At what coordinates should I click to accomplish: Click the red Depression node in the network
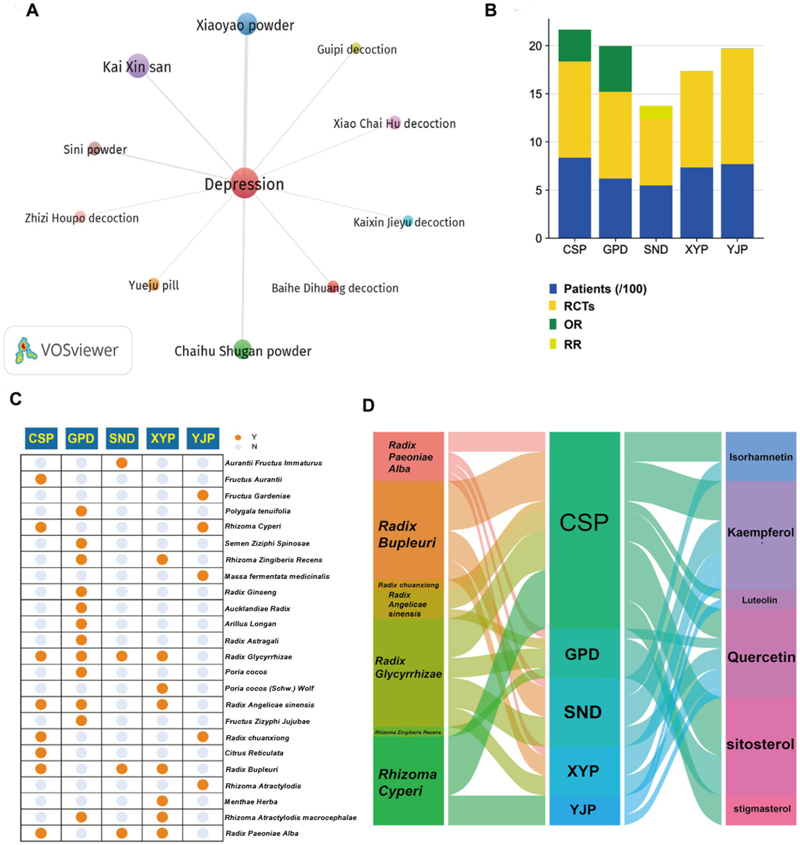click(244, 183)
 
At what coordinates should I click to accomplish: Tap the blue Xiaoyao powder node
click(247, 24)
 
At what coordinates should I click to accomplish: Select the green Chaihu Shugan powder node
click(242, 350)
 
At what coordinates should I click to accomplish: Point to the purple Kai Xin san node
click(138, 66)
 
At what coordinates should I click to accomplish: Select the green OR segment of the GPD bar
click(615, 69)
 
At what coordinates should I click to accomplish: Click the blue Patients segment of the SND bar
click(656, 212)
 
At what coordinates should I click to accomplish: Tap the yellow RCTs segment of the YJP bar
click(737, 106)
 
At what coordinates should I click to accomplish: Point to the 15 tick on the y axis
click(535, 94)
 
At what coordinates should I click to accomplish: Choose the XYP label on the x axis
click(696, 250)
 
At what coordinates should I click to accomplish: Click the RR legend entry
click(572, 344)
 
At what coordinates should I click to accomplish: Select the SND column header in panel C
click(121, 439)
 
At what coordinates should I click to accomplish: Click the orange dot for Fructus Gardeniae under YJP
click(203, 495)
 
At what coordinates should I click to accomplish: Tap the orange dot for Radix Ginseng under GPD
click(81, 592)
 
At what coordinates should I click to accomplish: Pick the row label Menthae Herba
click(251, 802)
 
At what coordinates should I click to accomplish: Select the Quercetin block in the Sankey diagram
click(761, 656)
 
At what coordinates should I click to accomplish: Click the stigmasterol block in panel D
click(761, 809)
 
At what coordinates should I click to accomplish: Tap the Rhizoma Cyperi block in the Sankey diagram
click(408, 781)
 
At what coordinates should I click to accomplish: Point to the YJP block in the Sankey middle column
click(584, 810)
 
